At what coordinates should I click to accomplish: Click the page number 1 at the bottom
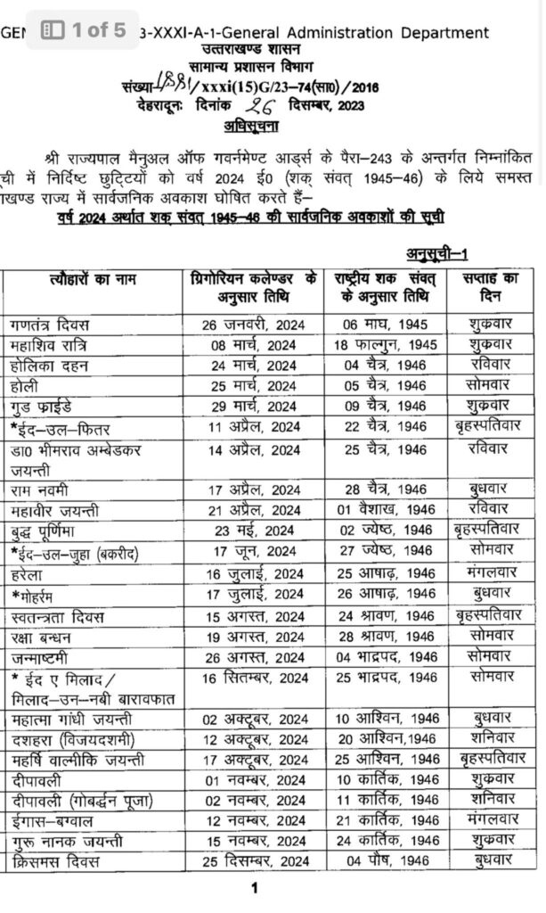[255, 888]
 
